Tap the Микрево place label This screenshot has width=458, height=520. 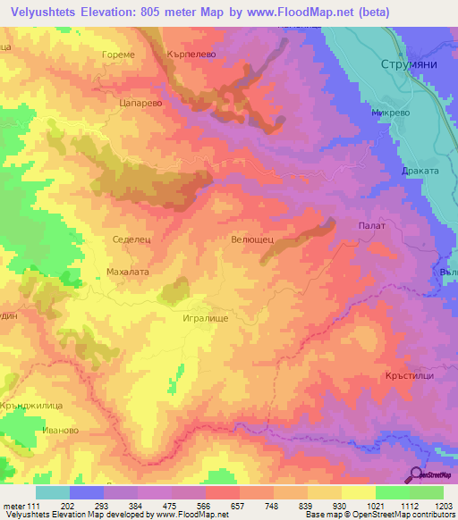tap(391, 114)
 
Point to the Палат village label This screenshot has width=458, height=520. tap(370, 226)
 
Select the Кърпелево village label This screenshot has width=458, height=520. tap(192, 55)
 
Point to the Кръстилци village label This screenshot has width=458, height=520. tap(411, 376)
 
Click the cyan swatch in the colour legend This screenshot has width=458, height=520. tap(53, 492)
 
